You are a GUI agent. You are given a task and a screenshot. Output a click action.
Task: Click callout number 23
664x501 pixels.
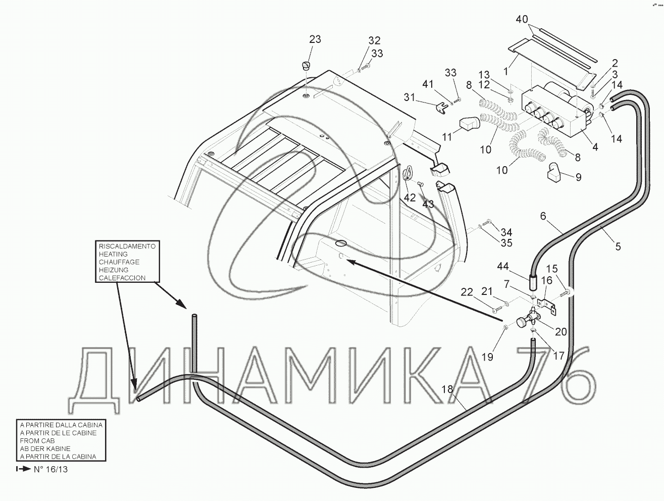point(315,39)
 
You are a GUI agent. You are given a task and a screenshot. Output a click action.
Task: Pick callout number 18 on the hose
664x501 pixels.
point(448,389)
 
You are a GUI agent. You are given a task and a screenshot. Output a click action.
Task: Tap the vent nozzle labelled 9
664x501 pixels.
point(554,173)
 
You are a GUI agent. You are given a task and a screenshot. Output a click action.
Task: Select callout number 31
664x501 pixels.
point(411,96)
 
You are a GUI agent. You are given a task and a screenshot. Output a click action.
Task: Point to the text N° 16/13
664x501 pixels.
point(50,469)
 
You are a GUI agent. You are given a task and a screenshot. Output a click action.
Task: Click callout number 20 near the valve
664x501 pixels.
point(560,331)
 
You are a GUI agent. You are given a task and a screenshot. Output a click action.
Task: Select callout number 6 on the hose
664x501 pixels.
point(543,216)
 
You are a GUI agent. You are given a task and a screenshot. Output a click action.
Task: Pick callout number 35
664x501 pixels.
point(505,243)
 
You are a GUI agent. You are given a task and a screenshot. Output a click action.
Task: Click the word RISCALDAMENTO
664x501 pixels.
point(127,246)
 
